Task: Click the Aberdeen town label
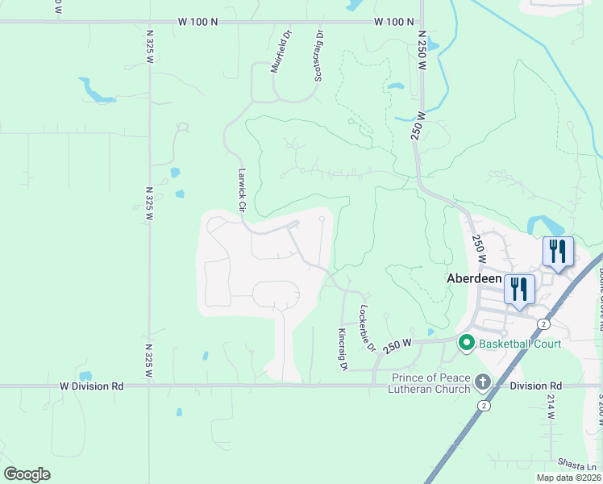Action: click(x=475, y=277)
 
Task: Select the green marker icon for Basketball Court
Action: click(x=466, y=344)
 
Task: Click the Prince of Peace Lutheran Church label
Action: click(x=430, y=384)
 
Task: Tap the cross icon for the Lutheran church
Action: click(x=482, y=381)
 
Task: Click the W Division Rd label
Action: click(x=92, y=386)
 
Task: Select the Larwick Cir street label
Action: click(x=240, y=190)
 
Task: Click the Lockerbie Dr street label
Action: click(x=368, y=328)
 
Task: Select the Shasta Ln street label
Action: click(x=580, y=466)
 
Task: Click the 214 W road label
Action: click(x=551, y=408)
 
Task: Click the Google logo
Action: click(x=27, y=474)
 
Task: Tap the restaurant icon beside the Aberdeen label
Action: click(x=519, y=290)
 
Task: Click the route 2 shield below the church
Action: click(x=484, y=405)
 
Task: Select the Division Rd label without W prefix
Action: click(x=535, y=386)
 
